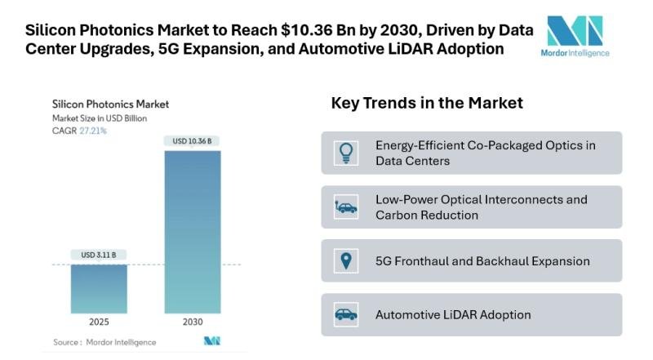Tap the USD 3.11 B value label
[x=99, y=255]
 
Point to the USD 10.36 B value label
[x=193, y=140]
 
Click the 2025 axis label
[x=99, y=322]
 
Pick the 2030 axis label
[x=193, y=322]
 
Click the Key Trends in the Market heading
[x=427, y=104]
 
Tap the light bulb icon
[x=346, y=153]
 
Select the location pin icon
[x=346, y=261]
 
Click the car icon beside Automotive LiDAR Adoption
[x=346, y=314]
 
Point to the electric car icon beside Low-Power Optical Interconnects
[x=346, y=207]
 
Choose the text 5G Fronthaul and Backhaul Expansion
[x=482, y=261]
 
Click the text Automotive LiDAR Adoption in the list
[x=453, y=314]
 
